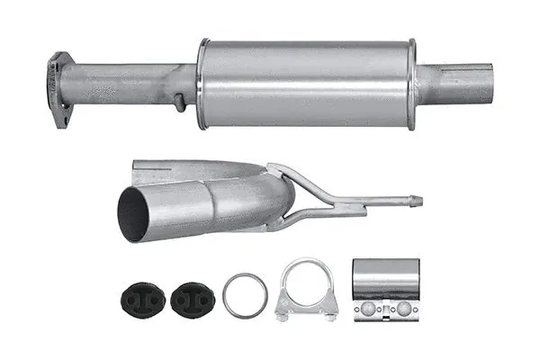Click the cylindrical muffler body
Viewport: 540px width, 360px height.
[306, 83]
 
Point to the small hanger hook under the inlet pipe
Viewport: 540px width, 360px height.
[180, 102]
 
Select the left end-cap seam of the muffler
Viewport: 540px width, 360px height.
[202, 83]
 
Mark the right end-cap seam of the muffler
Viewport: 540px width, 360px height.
[412, 83]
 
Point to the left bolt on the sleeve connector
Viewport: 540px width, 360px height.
[369, 309]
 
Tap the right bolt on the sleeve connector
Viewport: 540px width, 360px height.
[403, 309]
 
